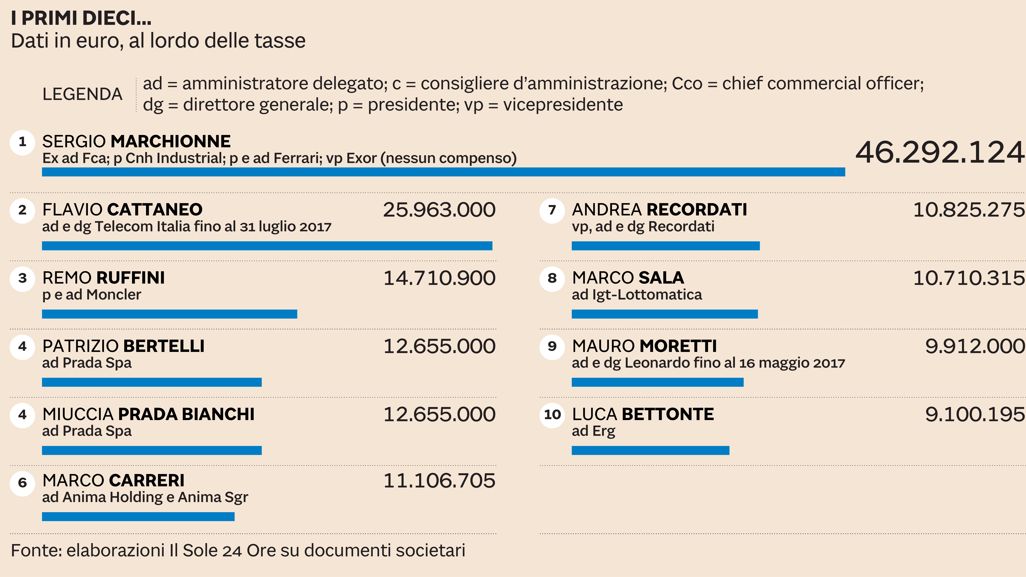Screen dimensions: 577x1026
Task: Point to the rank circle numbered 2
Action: click(x=22, y=210)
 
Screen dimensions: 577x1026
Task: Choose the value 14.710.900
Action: click(x=439, y=278)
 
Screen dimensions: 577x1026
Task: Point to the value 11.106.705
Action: click(x=439, y=481)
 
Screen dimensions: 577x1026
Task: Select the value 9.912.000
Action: click(x=974, y=346)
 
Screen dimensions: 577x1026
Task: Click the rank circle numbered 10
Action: click(x=552, y=415)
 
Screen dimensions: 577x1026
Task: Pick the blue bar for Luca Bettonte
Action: click(x=650, y=450)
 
